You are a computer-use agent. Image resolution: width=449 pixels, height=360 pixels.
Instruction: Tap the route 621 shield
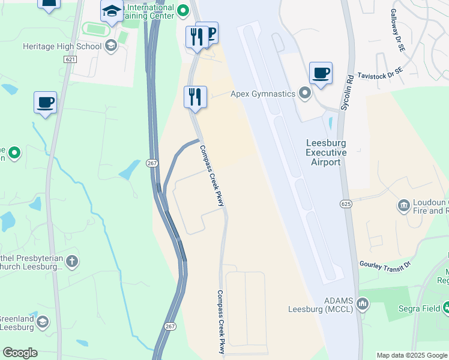[x=70, y=59]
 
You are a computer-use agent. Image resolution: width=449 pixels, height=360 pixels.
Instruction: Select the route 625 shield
[x=347, y=205]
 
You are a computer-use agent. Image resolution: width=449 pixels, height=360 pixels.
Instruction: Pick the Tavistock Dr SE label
[x=382, y=76]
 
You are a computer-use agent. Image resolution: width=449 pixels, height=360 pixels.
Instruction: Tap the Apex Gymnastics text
[x=264, y=94]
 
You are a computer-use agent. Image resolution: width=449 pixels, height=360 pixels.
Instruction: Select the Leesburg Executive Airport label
[x=326, y=152]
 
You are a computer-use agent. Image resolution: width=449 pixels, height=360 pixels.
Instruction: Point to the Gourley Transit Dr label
[x=385, y=264]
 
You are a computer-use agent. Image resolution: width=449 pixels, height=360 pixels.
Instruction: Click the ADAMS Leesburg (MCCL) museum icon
[x=363, y=304]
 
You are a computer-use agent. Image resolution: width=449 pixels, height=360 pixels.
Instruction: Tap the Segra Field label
[x=420, y=309]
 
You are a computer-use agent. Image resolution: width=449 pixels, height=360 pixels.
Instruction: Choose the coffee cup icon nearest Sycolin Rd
[x=321, y=73]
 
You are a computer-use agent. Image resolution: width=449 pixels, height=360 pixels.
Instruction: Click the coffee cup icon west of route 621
[x=46, y=102]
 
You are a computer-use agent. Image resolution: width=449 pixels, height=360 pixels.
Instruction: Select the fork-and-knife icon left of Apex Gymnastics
[x=195, y=97]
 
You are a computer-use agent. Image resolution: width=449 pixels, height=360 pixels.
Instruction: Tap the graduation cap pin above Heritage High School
[x=112, y=11]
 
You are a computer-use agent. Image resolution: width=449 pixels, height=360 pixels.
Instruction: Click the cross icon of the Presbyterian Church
[x=71, y=261]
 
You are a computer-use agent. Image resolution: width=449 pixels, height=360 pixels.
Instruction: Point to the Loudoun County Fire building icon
[x=403, y=206]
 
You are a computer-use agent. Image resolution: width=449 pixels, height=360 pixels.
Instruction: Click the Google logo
[x=20, y=353]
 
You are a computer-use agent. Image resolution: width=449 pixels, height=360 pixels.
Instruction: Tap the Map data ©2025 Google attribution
[x=411, y=355]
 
